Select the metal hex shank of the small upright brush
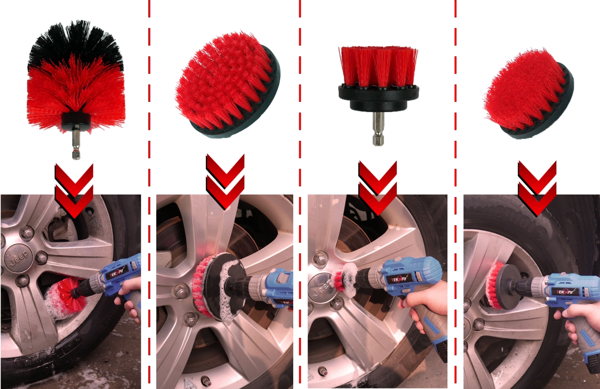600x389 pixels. coord(378,129)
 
